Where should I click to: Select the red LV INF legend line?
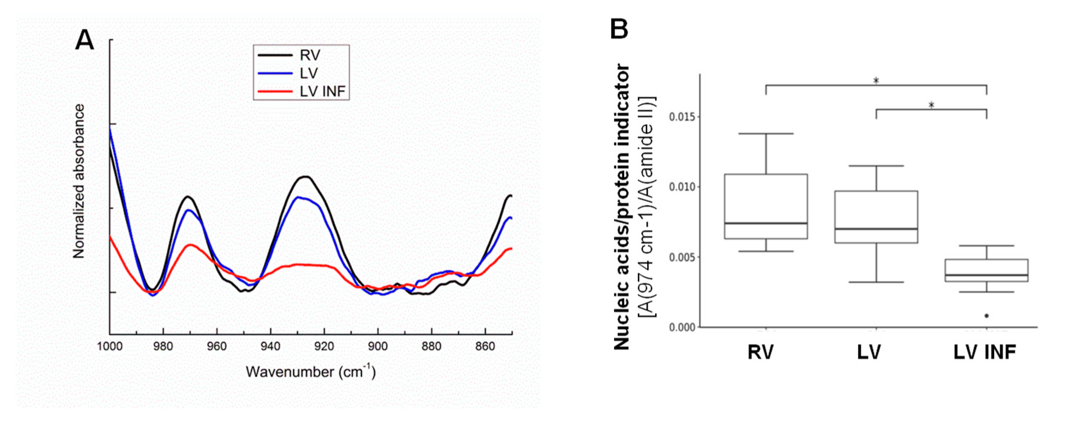[x=275, y=90]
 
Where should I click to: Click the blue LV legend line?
[x=275, y=73]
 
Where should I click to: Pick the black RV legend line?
[x=275, y=55]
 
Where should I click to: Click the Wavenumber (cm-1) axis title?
[x=311, y=371]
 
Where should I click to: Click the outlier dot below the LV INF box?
[x=987, y=316]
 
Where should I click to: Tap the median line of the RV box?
[x=766, y=223]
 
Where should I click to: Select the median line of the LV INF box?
[x=987, y=275]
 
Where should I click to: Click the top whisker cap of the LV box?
[x=876, y=166]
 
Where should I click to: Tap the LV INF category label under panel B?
[x=984, y=353]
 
